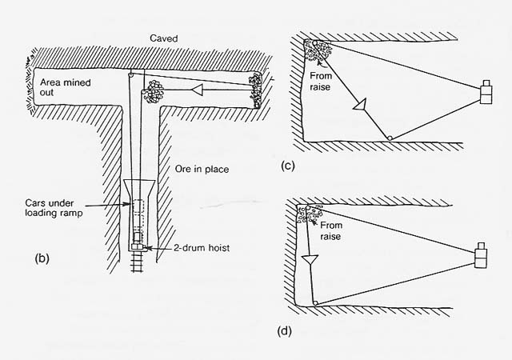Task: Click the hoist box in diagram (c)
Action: pyautogui.click(x=486, y=92)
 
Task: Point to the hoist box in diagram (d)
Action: pyautogui.click(x=481, y=258)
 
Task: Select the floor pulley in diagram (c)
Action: pyautogui.click(x=389, y=139)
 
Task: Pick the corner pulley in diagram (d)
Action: pyautogui.click(x=316, y=302)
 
